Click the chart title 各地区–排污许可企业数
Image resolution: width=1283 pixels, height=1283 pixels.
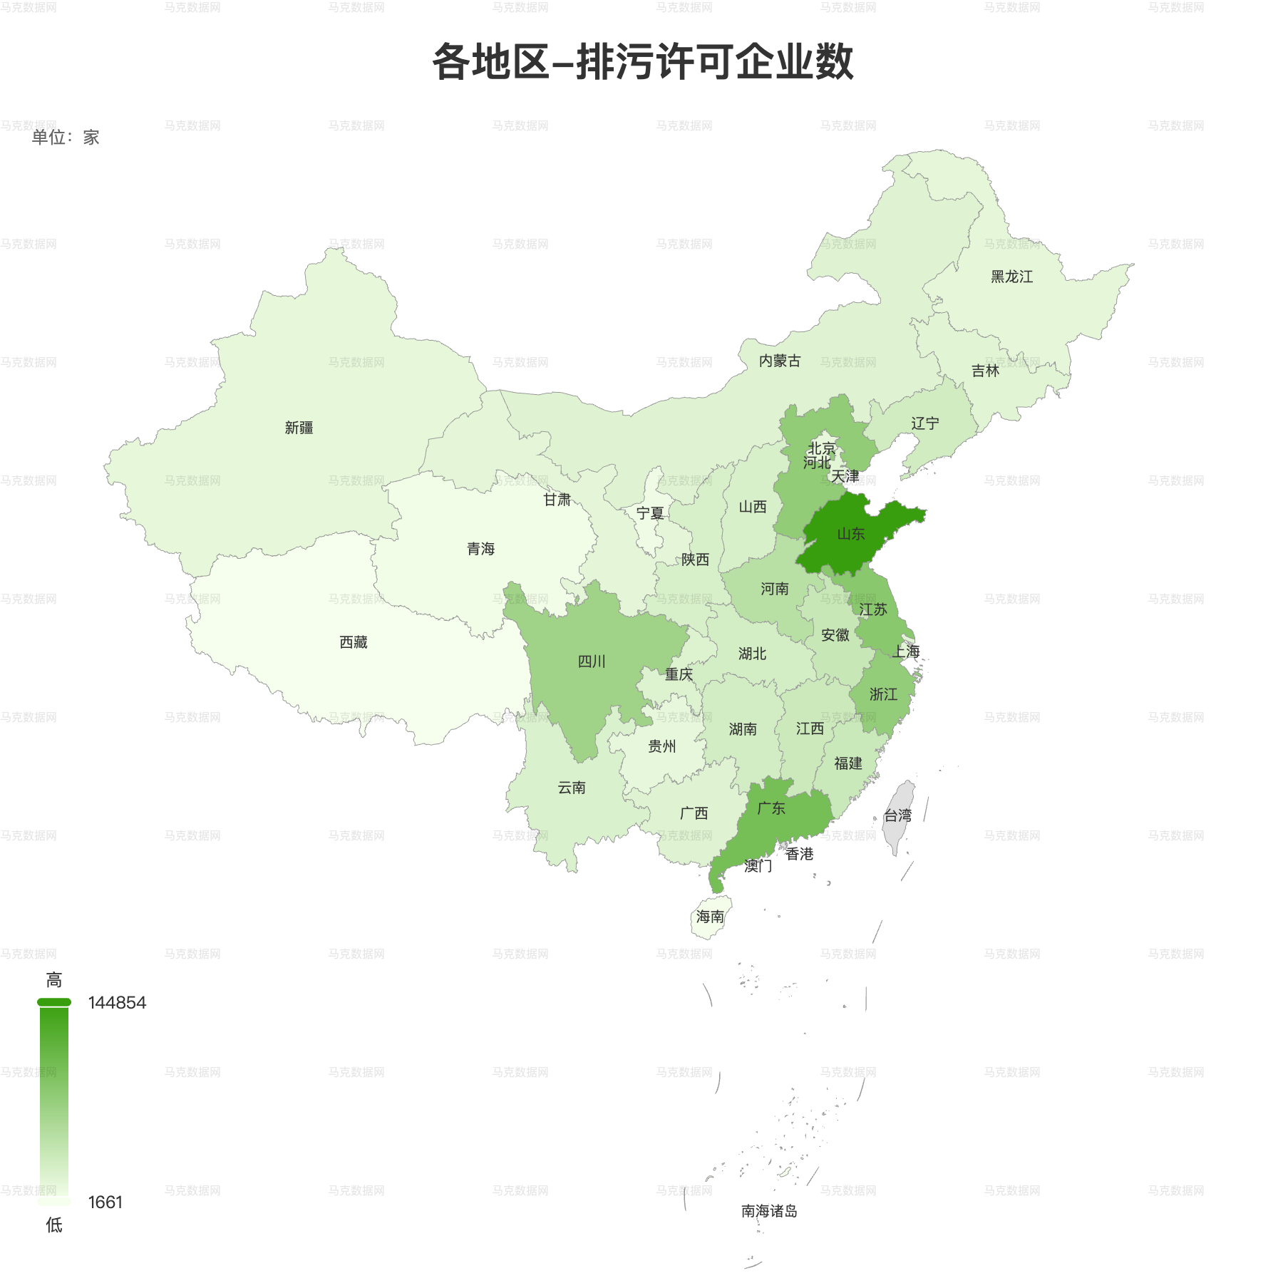(x=642, y=62)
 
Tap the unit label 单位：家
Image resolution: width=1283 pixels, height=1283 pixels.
(x=66, y=138)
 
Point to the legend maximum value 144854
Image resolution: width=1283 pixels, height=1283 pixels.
(x=117, y=1003)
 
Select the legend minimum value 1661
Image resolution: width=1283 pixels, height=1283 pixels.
(x=105, y=1202)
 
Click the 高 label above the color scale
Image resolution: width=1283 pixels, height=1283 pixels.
(x=54, y=980)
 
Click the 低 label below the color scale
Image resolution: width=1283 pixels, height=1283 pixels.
(x=54, y=1225)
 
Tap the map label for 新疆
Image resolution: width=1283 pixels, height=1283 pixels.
(x=299, y=428)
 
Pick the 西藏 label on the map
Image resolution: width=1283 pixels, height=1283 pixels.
(x=354, y=642)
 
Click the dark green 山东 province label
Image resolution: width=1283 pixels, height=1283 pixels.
(x=850, y=534)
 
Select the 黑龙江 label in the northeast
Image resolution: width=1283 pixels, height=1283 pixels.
(x=1011, y=277)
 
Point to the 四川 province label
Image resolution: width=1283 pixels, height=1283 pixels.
(x=592, y=661)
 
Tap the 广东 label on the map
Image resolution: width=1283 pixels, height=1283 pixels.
(x=771, y=808)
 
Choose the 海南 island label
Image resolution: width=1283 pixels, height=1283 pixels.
(x=710, y=917)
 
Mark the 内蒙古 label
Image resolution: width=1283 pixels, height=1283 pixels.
(x=780, y=361)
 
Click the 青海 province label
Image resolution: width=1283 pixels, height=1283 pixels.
(x=480, y=549)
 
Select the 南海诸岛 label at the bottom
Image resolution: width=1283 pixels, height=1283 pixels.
(x=769, y=1211)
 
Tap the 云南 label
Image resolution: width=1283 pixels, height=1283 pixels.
(x=572, y=788)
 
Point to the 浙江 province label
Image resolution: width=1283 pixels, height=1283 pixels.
(x=883, y=694)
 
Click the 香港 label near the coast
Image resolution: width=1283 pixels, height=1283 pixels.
(x=800, y=854)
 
